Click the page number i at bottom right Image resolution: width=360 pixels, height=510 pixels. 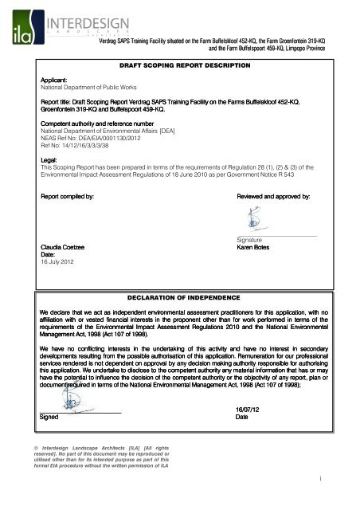[338, 499]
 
